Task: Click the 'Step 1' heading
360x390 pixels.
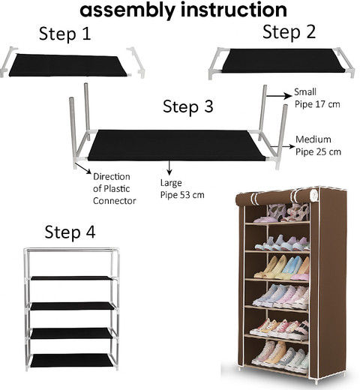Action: point(64,34)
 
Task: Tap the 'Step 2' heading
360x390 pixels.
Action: point(289,32)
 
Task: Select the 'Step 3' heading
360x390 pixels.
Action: point(188,106)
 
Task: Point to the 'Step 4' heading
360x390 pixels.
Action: point(70,232)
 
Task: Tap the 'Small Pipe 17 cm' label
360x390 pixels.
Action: point(317,98)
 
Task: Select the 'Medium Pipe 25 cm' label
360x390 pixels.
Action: point(318,145)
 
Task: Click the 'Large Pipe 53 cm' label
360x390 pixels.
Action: point(182,189)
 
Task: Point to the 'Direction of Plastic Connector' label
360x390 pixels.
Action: point(115,189)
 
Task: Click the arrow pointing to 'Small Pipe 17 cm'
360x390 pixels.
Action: point(279,95)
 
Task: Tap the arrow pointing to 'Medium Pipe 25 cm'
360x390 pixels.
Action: point(283,147)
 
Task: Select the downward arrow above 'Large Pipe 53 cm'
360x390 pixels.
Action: point(169,168)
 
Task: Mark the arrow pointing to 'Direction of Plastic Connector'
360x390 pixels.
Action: point(83,168)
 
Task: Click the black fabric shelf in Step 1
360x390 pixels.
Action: point(68,65)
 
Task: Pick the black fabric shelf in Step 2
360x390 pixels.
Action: point(283,61)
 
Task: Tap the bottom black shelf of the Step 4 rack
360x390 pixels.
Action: point(72,361)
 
